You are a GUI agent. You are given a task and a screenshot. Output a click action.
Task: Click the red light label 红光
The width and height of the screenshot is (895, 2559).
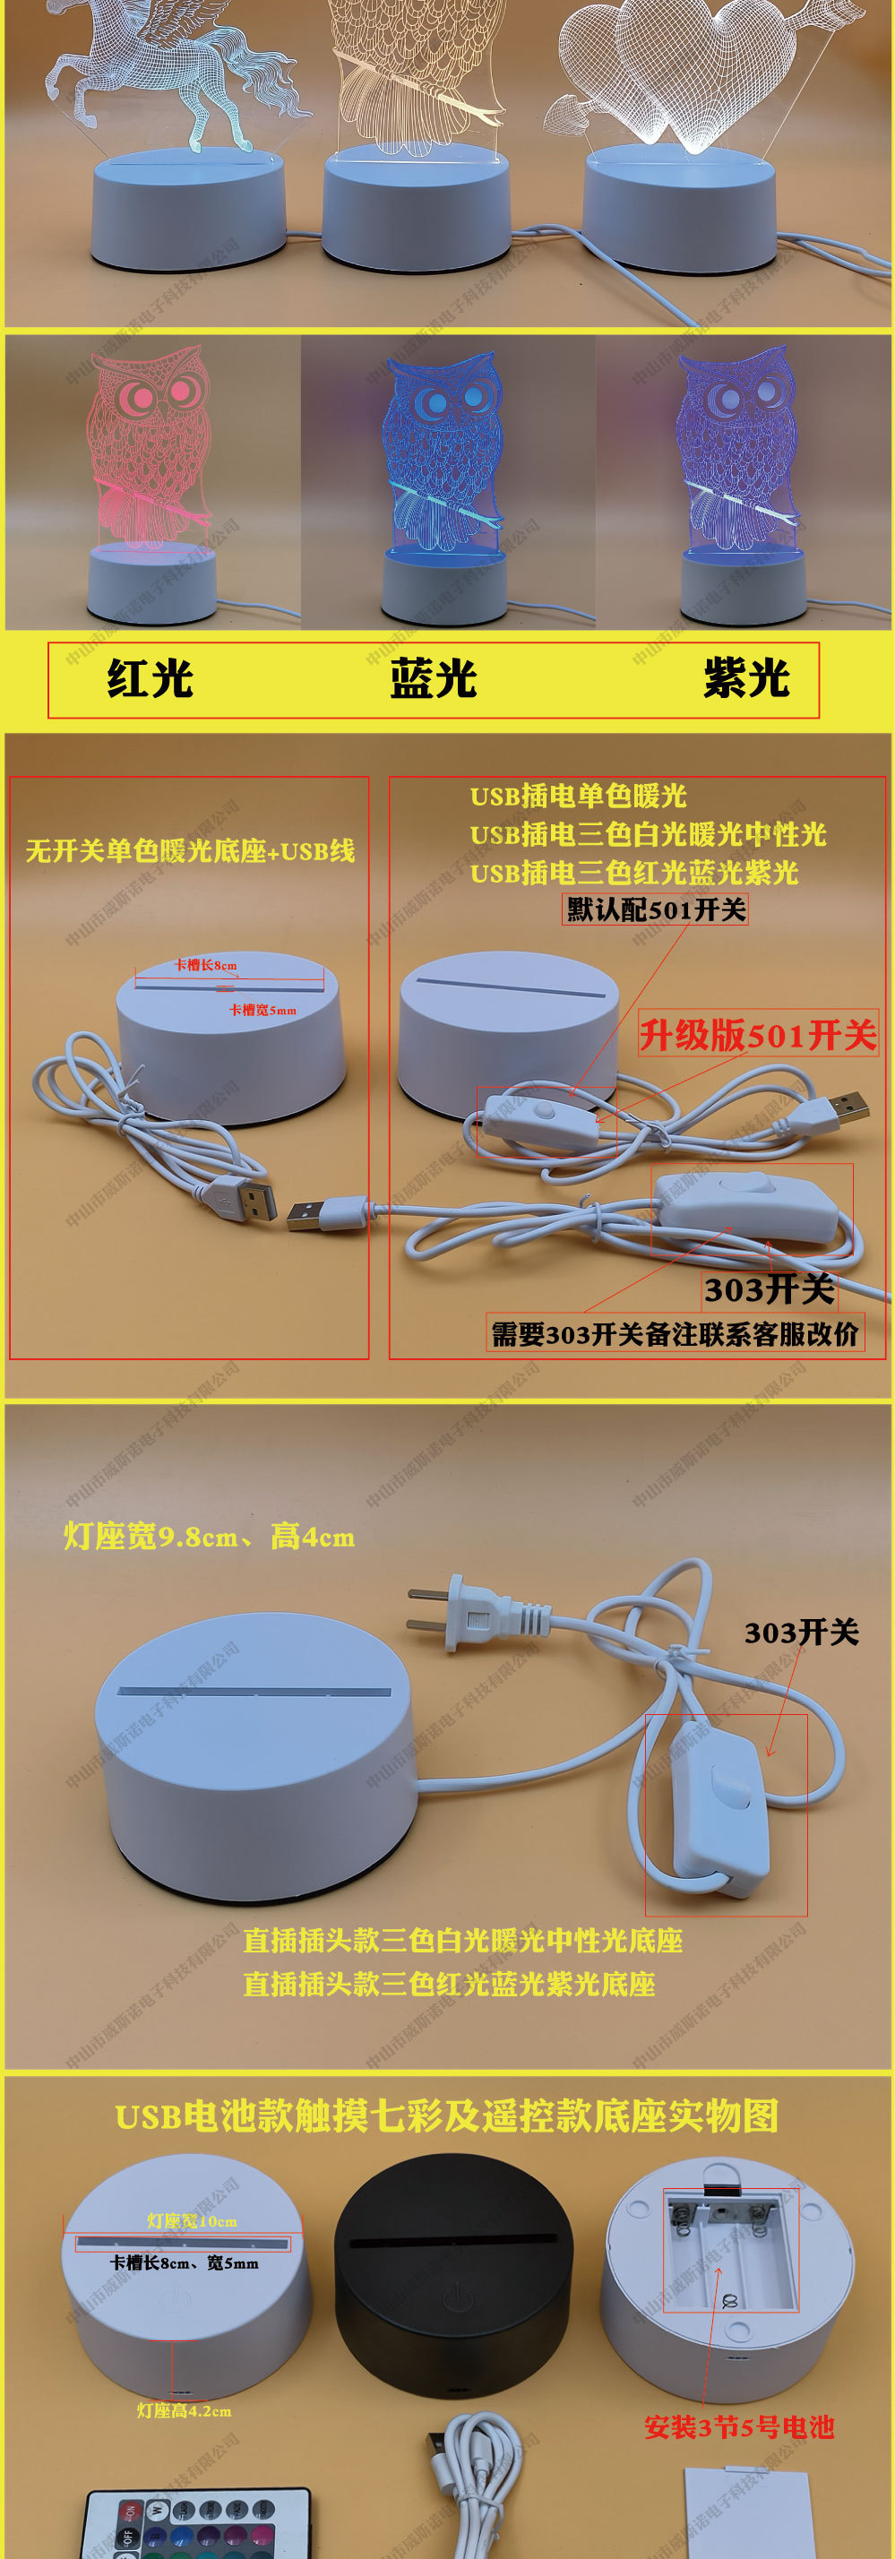150,678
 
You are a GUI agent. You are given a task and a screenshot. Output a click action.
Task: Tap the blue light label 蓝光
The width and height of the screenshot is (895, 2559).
433,678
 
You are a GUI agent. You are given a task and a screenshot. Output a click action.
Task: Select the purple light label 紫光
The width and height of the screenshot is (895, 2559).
746,678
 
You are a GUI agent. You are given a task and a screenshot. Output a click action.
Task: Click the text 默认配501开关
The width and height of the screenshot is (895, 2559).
656,909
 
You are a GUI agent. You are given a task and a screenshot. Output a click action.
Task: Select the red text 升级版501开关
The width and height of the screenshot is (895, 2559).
758,1035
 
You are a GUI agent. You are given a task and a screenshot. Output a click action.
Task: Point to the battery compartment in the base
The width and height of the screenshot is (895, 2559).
730,2250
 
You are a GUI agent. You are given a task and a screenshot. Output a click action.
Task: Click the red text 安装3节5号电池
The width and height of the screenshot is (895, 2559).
739,2427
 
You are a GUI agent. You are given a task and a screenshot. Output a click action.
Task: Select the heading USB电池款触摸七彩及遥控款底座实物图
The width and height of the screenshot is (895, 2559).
447,2117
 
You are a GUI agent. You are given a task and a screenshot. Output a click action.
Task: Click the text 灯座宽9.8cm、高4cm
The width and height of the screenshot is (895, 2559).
209,1537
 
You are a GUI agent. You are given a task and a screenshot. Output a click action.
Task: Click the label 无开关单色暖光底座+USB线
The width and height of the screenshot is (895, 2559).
190,851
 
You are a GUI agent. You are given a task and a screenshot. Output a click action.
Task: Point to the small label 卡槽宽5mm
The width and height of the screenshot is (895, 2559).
262,1011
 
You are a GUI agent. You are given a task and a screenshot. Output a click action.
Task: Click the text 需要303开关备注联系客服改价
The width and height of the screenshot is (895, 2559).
675,1334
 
